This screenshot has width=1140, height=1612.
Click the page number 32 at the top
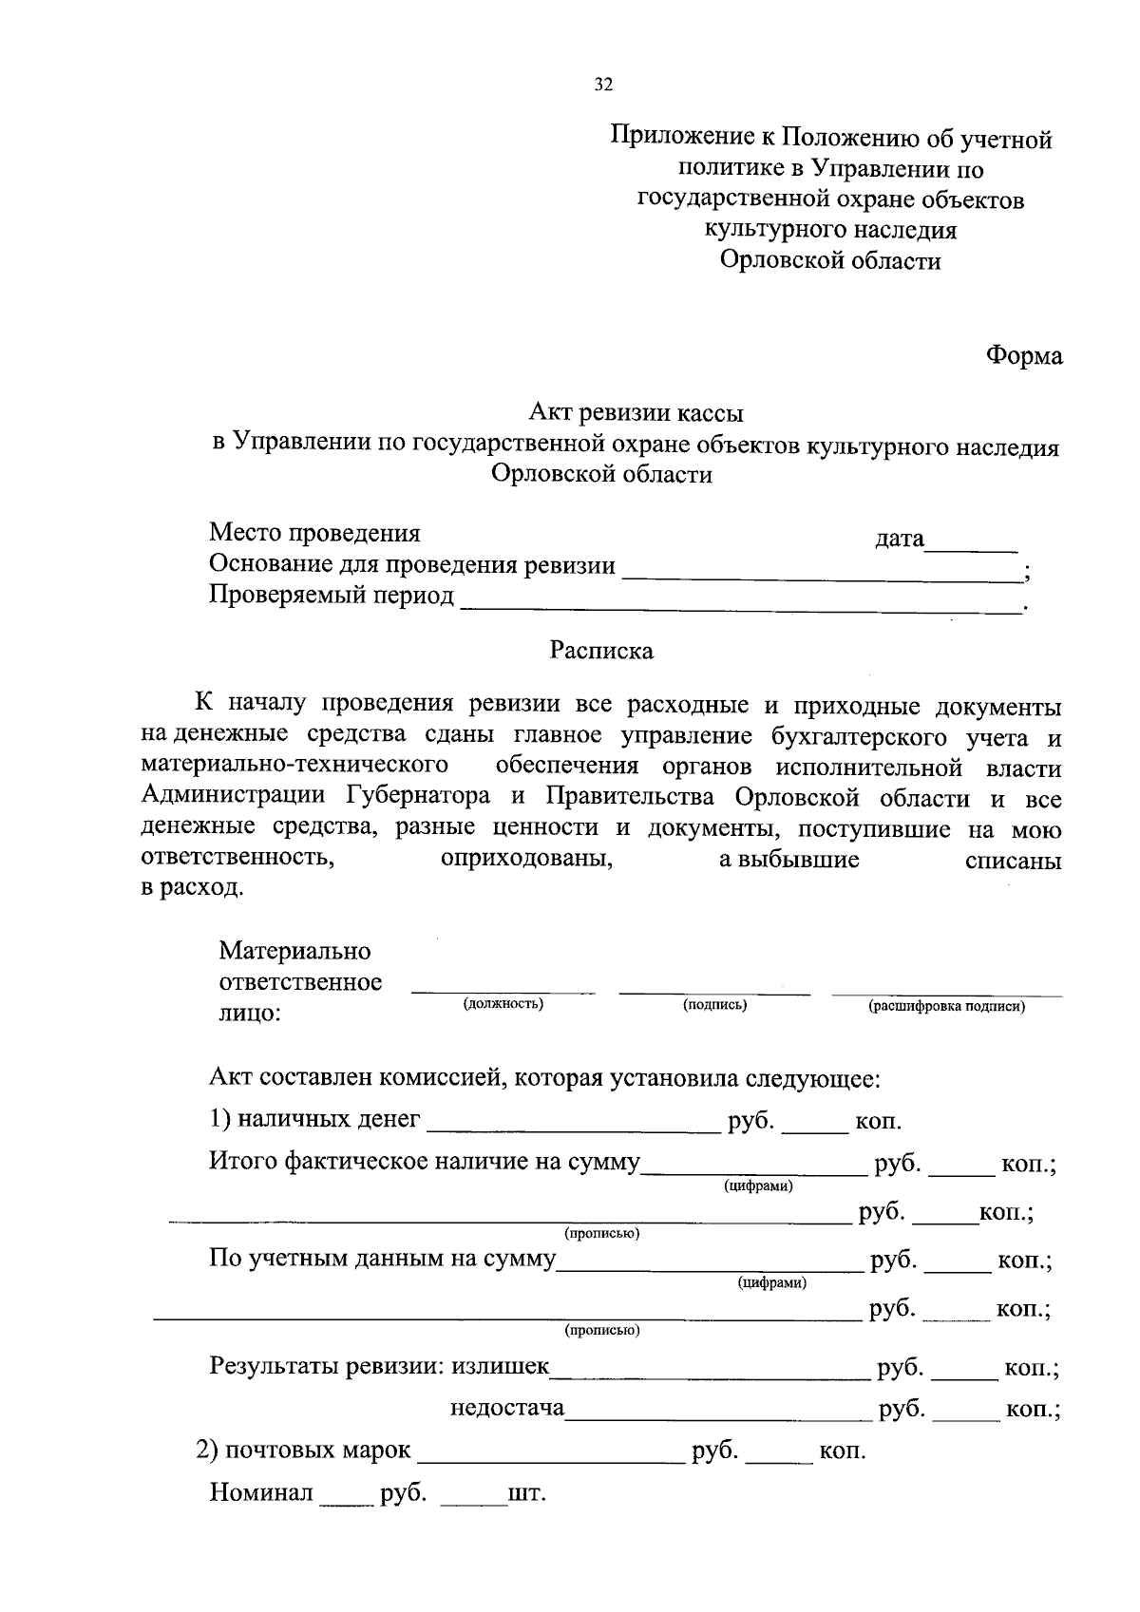click(x=603, y=85)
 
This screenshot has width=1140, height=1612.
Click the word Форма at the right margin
click(x=1023, y=356)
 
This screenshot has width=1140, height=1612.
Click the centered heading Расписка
click(x=601, y=652)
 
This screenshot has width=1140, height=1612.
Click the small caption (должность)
click(x=503, y=1004)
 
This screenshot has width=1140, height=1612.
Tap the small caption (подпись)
click(x=714, y=1004)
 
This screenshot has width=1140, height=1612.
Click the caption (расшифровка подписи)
click(x=946, y=1006)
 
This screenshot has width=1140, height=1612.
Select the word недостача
click(x=507, y=1408)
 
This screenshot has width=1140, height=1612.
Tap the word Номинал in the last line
click(x=261, y=1493)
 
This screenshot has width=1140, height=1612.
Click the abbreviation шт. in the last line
click(x=527, y=1493)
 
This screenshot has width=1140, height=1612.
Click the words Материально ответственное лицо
click(x=300, y=981)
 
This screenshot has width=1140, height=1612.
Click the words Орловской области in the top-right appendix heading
click(x=829, y=260)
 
